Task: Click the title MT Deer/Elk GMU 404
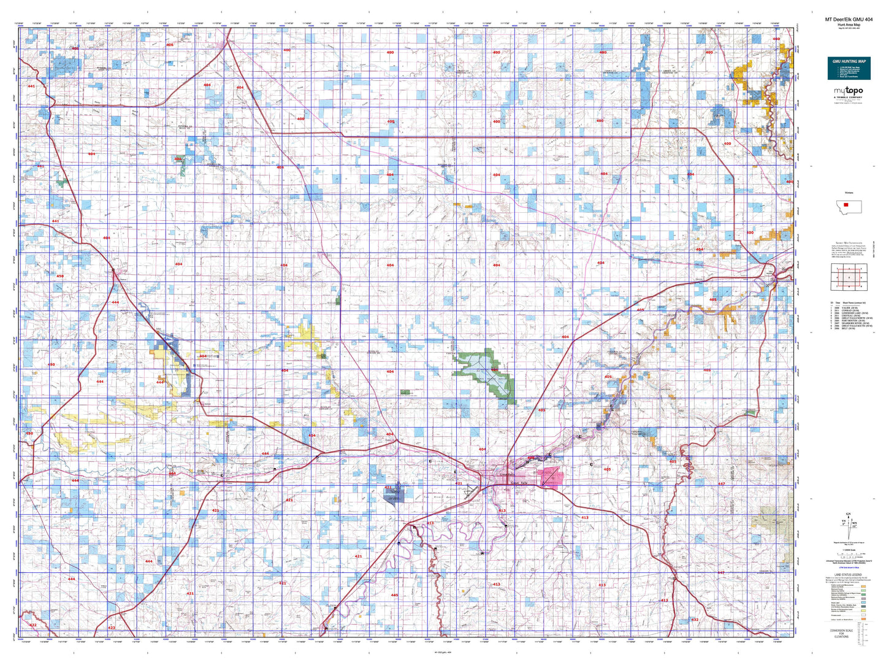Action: (849, 20)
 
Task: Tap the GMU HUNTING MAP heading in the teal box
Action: (849, 61)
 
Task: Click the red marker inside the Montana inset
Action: (846, 206)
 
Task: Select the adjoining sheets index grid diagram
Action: (848, 277)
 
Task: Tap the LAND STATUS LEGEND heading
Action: (849, 575)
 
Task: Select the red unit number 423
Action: (111, 628)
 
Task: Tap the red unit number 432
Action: (695, 620)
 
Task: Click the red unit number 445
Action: (394, 594)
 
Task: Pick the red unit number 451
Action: (40, 166)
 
